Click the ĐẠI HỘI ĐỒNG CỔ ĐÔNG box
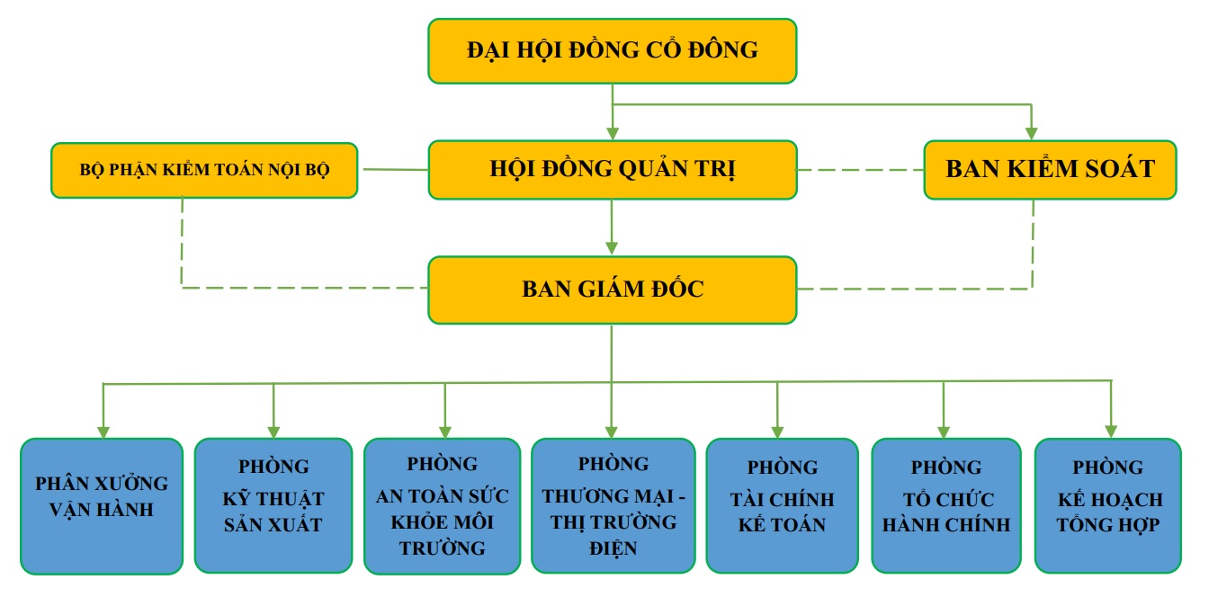612,50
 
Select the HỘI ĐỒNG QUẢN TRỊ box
612,169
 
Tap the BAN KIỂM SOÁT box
1050,169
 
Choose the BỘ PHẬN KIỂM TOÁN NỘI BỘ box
204,169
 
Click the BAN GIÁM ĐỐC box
612,290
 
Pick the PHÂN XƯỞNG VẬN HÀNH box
102,505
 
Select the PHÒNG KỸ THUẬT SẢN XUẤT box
273,505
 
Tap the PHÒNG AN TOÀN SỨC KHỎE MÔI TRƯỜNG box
442,505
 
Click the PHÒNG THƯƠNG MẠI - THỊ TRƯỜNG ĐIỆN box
613,505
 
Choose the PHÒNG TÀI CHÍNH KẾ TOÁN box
782,505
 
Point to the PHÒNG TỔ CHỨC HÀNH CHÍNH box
946,505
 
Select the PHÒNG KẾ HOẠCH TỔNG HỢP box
1107,505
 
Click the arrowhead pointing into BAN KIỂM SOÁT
1032,133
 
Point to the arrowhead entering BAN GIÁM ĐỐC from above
612,249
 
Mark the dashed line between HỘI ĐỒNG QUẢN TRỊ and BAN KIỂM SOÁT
860,169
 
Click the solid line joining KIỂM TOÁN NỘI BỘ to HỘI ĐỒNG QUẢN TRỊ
392,168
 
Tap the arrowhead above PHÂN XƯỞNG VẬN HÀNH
104,431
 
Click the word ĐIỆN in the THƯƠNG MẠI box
615,548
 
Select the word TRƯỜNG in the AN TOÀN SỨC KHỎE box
443,548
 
